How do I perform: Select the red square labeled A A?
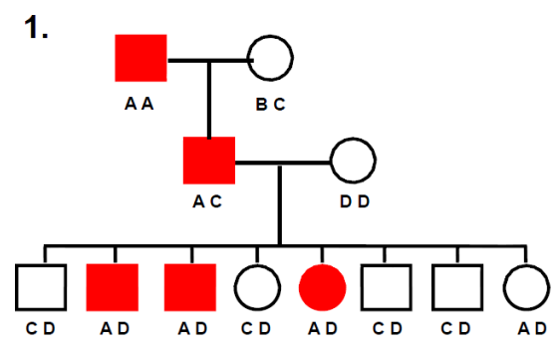pyautogui.click(x=141, y=58)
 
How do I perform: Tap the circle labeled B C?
pyautogui.click(x=270, y=57)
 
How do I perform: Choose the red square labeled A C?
pyautogui.click(x=209, y=161)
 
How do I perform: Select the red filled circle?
pyautogui.click(x=322, y=287)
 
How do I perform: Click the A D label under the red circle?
pyautogui.click(x=322, y=329)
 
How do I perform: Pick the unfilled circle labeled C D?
pyautogui.click(x=259, y=287)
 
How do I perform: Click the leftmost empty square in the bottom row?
pyautogui.click(x=42, y=287)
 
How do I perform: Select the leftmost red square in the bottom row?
pyautogui.click(x=112, y=287)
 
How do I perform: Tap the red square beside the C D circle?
pyautogui.click(x=188, y=287)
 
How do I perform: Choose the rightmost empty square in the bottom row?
pyautogui.click(x=457, y=287)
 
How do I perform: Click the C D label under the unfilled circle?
pyautogui.click(x=258, y=329)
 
